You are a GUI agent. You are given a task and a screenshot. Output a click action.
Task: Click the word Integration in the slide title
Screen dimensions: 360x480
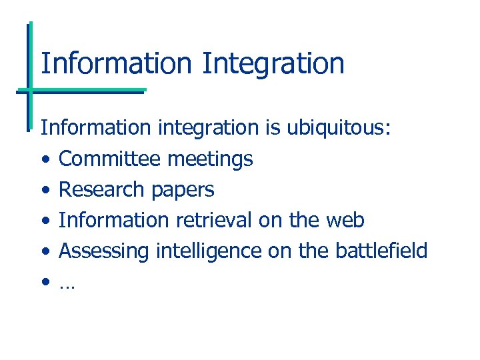click(273, 64)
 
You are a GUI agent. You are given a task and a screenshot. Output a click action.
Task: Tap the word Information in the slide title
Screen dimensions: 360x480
click(117, 64)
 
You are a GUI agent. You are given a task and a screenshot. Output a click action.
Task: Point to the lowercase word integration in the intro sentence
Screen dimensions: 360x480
click(207, 128)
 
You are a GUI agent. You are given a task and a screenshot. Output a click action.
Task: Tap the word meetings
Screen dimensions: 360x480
click(210, 159)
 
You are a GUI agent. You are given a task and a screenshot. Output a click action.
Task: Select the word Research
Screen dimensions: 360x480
click(101, 189)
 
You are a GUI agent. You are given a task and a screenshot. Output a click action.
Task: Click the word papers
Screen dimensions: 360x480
click(182, 190)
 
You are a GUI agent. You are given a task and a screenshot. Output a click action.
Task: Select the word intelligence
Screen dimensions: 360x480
click(209, 251)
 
